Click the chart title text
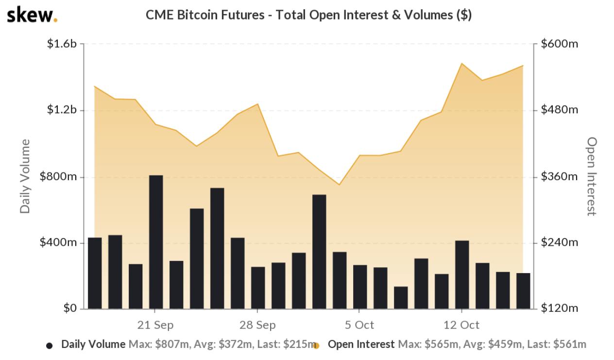(308, 15)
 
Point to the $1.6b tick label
(62, 44)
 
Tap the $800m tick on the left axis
(58, 176)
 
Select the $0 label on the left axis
(70, 309)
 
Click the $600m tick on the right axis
(560, 44)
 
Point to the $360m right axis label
(560, 176)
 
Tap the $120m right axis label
(560, 309)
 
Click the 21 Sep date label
(155, 325)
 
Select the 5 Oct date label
(359, 325)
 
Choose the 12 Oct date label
(461, 325)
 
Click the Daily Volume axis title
(25, 176)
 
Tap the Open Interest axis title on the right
(591, 176)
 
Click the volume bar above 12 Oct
(462, 274)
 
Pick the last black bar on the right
(523, 291)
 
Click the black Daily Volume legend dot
(49, 345)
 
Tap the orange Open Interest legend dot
(316, 346)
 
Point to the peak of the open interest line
(462, 63)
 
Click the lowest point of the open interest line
(340, 185)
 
